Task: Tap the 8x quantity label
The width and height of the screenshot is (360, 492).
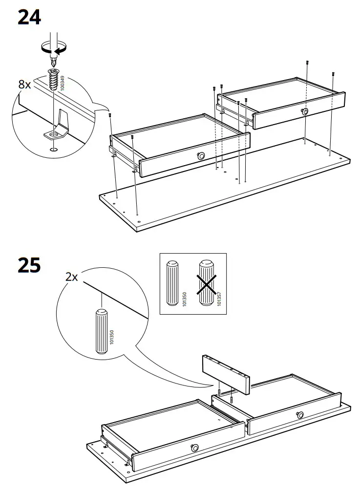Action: [x=24, y=85]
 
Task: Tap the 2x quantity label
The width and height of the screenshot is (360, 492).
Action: [x=71, y=277]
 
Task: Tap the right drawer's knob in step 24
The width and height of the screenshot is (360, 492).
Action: [x=305, y=111]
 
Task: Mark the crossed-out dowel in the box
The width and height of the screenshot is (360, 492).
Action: [x=207, y=283]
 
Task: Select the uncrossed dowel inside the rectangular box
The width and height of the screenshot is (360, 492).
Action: [x=173, y=283]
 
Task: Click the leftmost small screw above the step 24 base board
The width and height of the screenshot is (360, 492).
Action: [x=110, y=115]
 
